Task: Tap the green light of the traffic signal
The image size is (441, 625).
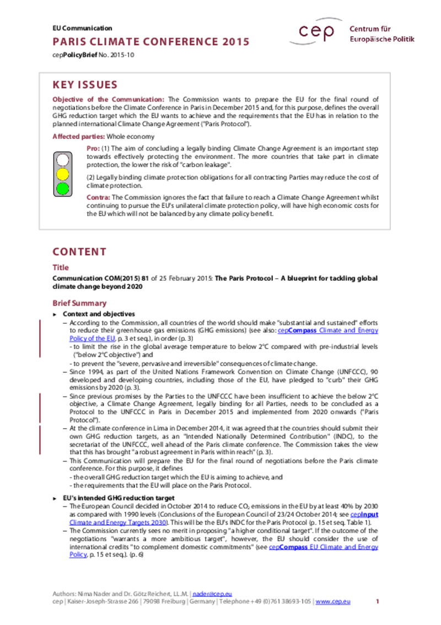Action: pos(62,188)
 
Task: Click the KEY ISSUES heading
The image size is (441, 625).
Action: pos(85,85)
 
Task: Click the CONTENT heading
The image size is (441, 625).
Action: pos(79,252)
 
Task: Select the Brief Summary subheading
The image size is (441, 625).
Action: pos(79,303)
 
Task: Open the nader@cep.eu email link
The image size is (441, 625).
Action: pos(208,593)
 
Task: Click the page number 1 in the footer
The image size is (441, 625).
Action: pos(378,601)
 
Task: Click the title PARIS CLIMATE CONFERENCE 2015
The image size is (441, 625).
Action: pos(150,42)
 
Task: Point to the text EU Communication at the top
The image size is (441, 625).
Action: pos(82,28)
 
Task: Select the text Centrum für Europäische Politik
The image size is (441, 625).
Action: pos(381,34)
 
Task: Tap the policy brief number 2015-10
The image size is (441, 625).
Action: pos(122,55)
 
